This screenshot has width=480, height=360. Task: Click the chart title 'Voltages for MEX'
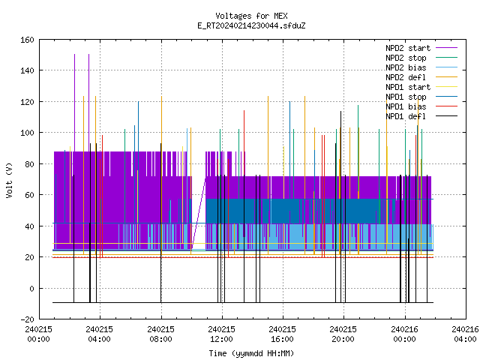click(x=251, y=16)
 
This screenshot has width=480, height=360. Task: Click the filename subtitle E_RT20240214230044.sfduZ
click(x=251, y=25)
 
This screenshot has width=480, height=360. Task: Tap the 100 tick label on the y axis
click(x=27, y=133)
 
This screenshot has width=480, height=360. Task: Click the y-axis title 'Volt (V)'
click(x=9, y=180)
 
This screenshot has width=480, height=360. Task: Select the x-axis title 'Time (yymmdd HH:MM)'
click(x=251, y=353)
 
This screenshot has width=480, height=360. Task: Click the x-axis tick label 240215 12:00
click(x=222, y=334)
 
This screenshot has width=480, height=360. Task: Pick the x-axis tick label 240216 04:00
click(x=465, y=334)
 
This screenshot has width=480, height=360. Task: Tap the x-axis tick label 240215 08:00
click(x=160, y=334)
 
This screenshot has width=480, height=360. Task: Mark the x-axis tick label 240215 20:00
click(x=343, y=334)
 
